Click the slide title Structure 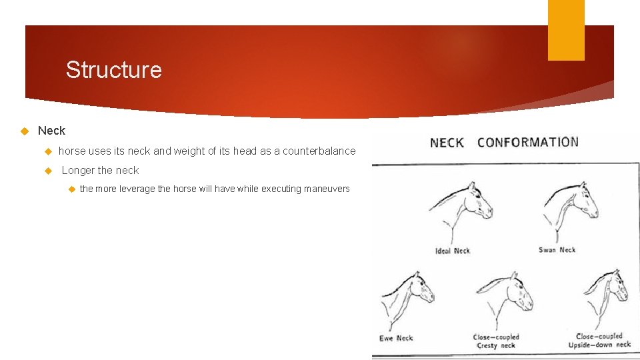tap(113, 70)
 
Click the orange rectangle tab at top tap(565, 30)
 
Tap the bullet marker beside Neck tap(25, 131)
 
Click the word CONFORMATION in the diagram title tap(528, 142)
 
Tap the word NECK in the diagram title tap(447, 143)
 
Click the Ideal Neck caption tap(452, 251)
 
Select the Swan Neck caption tap(557, 250)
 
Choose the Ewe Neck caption tap(396, 338)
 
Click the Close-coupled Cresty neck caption tap(495, 341)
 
